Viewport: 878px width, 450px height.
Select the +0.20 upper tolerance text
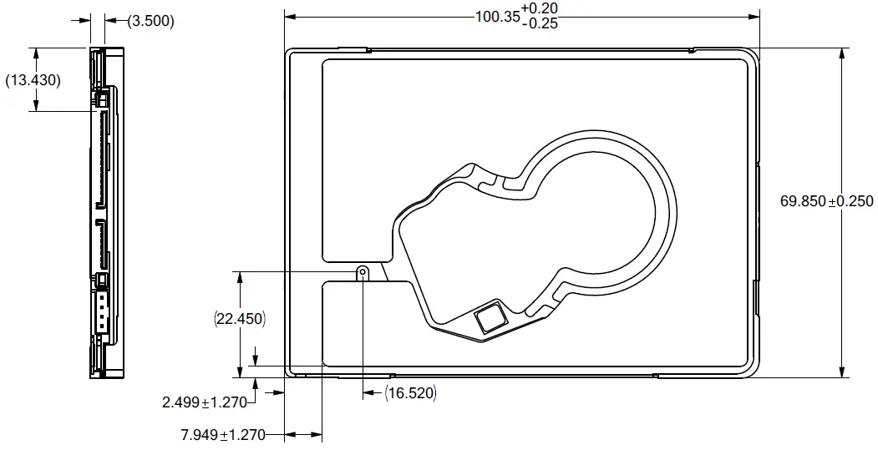(x=539, y=8)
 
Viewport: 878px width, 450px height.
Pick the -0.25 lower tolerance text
(x=539, y=23)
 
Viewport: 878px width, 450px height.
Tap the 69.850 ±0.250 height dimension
(x=826, y=201)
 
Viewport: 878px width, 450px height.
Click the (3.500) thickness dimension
(x=150, y=22)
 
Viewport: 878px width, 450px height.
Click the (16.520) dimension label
(x=410, y=392)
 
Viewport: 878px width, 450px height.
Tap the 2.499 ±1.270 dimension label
(x=205, y=402)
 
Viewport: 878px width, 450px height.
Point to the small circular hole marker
(x=363, y=271)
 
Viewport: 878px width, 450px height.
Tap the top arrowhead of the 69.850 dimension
(x=840, y=53)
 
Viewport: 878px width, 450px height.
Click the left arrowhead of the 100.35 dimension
(x=290, y=16)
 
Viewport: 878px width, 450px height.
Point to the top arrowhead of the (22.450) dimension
(x=241, y=276)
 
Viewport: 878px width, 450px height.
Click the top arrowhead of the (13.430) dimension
(x=36, y=53)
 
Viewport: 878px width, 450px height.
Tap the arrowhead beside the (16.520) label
(x=369, y=392)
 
